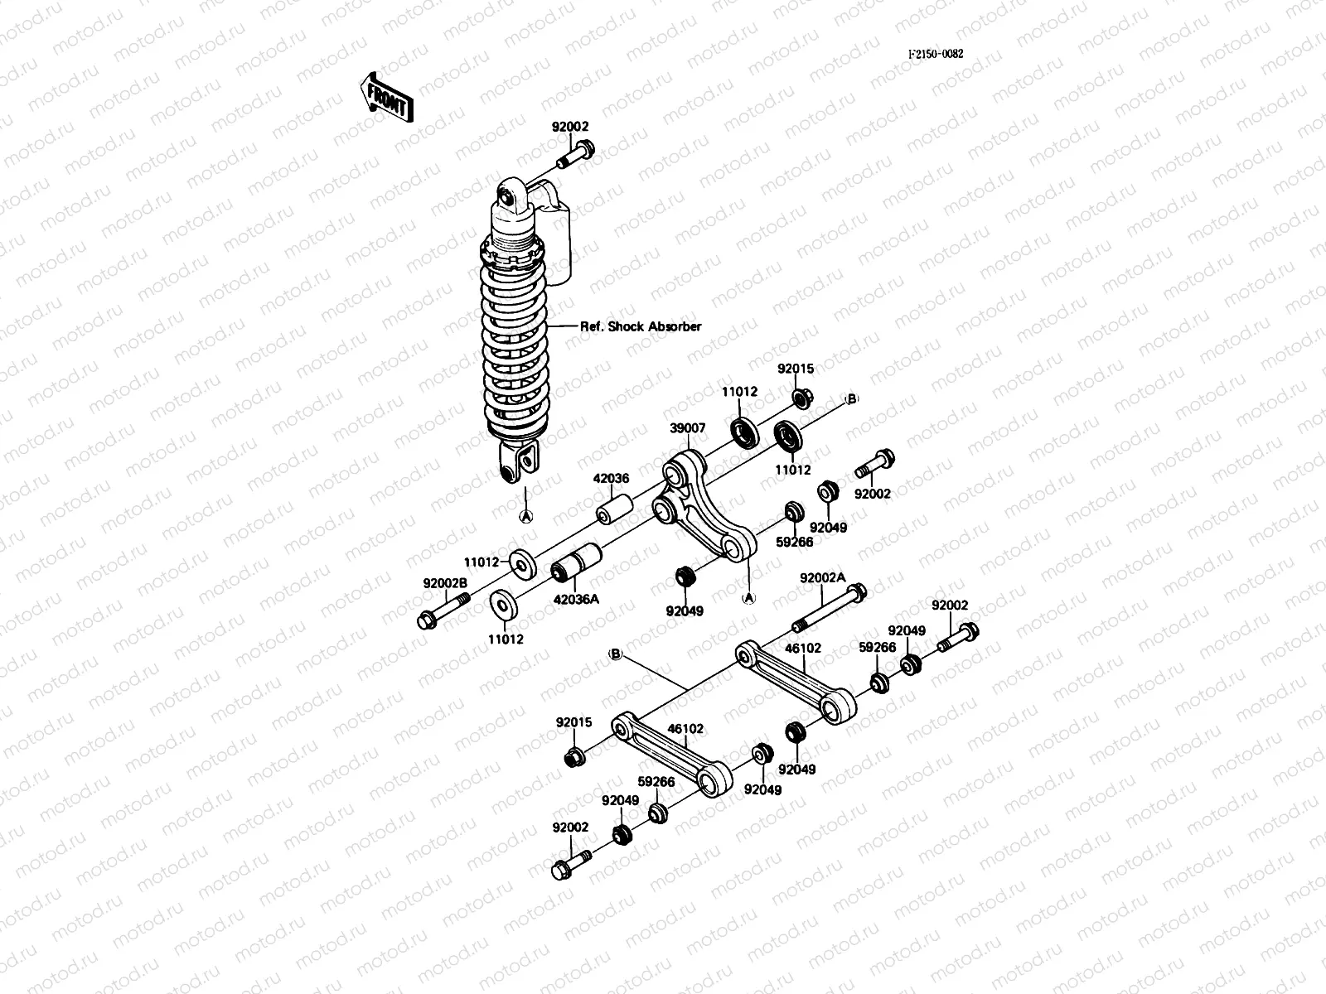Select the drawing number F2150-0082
click(x=935, y=54)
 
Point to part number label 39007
click(x=688, y=428)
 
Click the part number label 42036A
click(x=576, y=599)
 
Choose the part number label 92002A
click(x=822, y=577)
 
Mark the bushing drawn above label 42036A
click(x=578, y=564)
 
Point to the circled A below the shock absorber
click(x=525, y=515)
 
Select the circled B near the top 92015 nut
click(x=850, y=399)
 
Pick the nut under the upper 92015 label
click(x=801, y=399)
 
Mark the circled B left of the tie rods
click(x=616, y=654)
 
